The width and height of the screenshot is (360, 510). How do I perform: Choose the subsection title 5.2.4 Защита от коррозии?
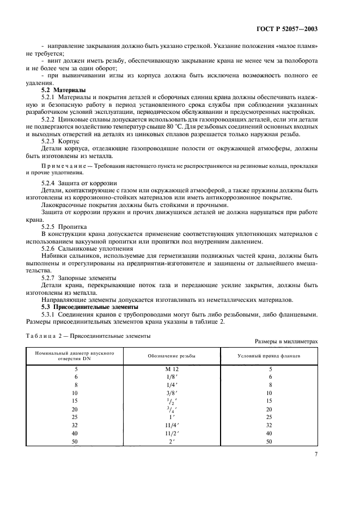point(78,183)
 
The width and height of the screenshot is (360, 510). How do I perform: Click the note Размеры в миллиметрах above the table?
point(286,341)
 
